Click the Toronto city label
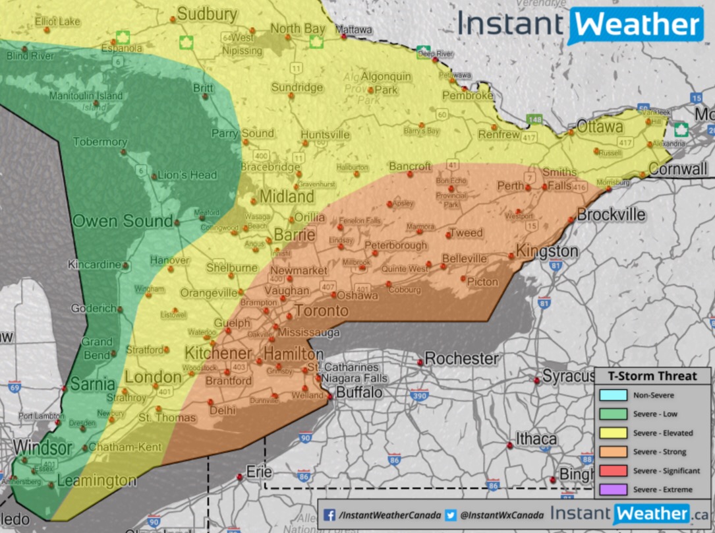[321, 311]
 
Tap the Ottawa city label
[600, 126]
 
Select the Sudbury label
[207, 14]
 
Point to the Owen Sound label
[123, 220]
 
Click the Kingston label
[546, 251]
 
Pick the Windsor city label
[42, 448]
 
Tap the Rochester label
[461, 359]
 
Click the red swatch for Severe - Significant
[613, 470]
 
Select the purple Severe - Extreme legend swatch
[613, 489]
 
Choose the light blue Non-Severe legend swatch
[613, 396]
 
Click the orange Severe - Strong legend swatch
[613, 452]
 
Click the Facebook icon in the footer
[329, 515]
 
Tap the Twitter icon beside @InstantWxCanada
[451, 515]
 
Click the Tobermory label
[100, 142]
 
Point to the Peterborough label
[396, 245]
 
